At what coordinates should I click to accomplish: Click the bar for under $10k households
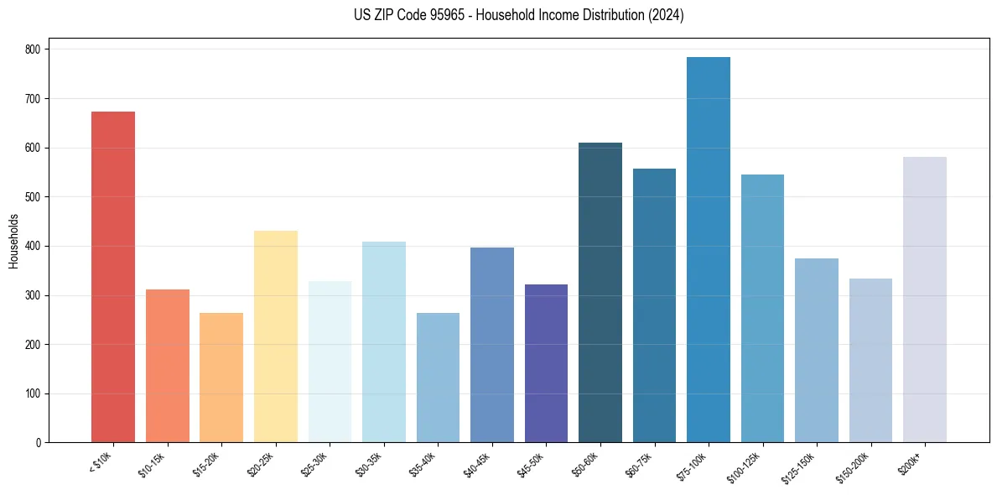pyautogui.click(x=113, y=277)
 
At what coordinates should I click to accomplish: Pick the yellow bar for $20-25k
pyautogui.click(x=276, y=336)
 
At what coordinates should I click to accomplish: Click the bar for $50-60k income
pyautogui.click(x=600, y=293)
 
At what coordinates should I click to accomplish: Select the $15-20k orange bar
pyautogui.click(x=221, y=378)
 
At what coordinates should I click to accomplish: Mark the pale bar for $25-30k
pyautogui.click(x=330, y=362)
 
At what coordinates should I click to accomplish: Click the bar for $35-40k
pyautogui.click(x=438, y=378)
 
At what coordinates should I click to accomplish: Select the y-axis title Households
pyautogui.click(x=13, y=241)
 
